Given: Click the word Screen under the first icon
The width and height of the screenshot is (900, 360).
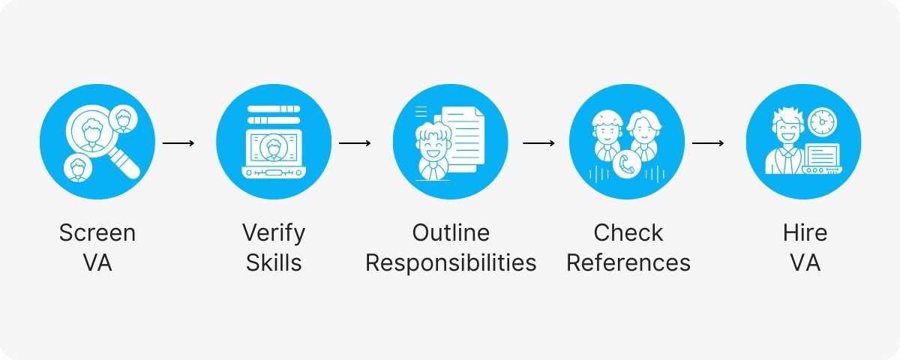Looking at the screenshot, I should pos(97,232).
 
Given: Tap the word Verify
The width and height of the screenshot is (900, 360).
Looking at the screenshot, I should pos(274,232).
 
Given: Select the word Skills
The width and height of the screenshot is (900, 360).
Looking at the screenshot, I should pos(274,263).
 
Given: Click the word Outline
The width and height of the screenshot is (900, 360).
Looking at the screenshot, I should pos(450,232).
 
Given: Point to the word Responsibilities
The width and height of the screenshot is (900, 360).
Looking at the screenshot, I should pos(450,263).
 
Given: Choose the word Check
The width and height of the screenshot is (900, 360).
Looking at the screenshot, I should pos(628,232).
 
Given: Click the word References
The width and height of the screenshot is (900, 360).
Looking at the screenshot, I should pos(628,263).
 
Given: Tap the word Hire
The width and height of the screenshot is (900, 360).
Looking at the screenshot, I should pos(803,232).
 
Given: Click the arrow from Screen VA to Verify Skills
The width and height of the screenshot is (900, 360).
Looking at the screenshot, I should pos(178,142).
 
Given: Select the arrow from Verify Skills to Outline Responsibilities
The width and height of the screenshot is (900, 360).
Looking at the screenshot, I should pos(355,142).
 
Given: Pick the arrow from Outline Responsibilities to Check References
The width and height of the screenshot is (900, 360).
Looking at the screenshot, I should pos(538,142).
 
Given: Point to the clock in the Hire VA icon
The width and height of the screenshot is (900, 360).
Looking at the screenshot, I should pos(822,120).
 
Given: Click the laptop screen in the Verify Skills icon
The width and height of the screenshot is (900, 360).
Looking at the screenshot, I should pos(274,148).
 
